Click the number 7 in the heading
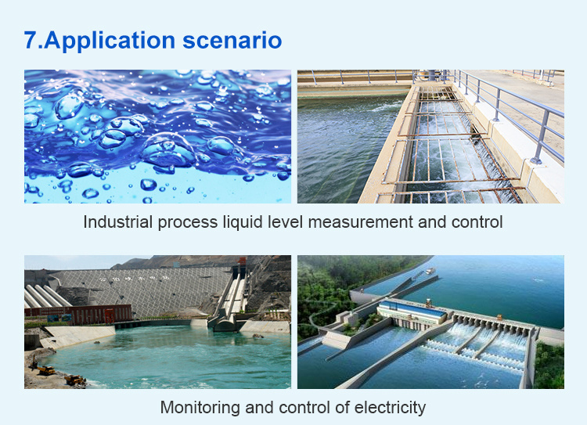[x=31, y=40]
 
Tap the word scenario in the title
[x=232, y=41]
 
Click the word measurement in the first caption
[x=360, y=222]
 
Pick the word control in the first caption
[x=477, y=222]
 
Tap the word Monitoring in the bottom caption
[x=200, y=408]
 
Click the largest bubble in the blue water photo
[x=168, y=150]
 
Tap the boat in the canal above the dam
[x=430, y=270]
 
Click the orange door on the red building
[x=110, y=315]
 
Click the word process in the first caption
[x=188, y=223]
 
